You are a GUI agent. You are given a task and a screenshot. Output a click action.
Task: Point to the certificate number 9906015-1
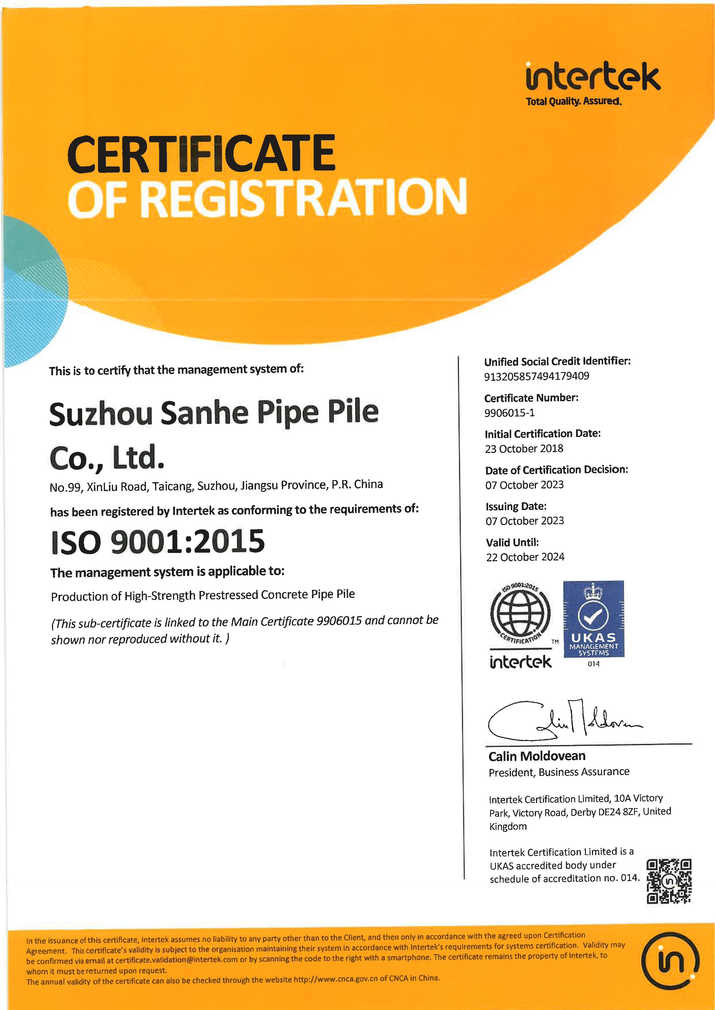(x=509, y=413)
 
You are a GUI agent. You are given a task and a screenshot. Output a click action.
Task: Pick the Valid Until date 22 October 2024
(x=525, y=557)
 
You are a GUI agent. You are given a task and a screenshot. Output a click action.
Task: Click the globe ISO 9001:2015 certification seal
(x=520, y=613)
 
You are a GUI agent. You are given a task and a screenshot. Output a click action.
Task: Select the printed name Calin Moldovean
(x=537, y=757)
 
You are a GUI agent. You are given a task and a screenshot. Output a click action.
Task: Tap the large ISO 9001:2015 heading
(x=158, y=542)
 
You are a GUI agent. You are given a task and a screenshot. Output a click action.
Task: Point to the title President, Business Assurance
(x=559, y=772)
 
